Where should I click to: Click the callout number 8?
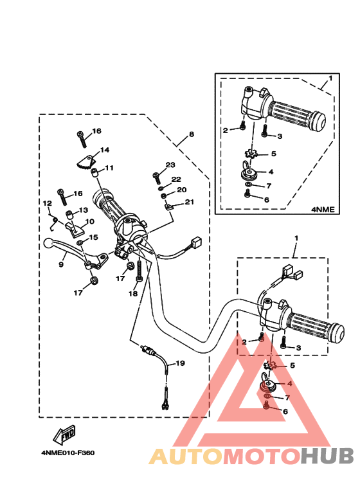pos(191,134)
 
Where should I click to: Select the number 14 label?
pos(105,150)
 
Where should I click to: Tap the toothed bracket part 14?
pos(85,161)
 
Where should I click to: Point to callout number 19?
pos(180,363)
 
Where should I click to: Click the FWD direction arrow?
pos(64,434)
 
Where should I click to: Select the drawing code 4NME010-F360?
pos(67,453)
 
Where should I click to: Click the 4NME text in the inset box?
pos(323,210)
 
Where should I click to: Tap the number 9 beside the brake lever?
pos(61,264)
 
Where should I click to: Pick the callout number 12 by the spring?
pos(47,203)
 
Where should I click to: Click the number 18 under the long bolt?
pos(133,294)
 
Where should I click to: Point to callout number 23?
pos(170,165)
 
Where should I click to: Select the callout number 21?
pos(189,202)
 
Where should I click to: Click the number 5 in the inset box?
pos(273,154)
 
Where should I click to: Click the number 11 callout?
pos(109,168)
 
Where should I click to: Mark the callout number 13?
pos(84,210)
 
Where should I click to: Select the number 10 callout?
pos(90,221)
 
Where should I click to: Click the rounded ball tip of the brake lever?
pos(48,243)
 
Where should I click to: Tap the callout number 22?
pos(176,179)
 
